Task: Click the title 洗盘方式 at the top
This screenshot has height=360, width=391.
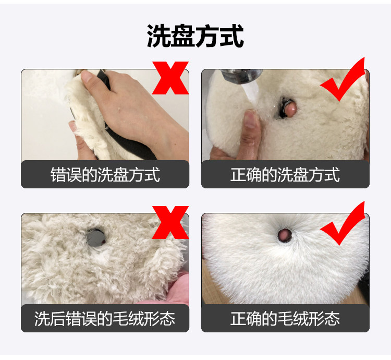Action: pyautogui.click(x=195, y=36)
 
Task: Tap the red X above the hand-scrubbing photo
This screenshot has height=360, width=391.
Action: pyautogui.click(x=170, y=78)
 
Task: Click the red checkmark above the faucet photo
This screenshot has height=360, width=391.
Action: pyautogui.click(x=343, y=79)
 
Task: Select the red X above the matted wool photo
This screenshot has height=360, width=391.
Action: pyautogui.click(x=170, y=222)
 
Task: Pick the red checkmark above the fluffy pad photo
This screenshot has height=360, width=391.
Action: pyautogui.click(x=343, y=223)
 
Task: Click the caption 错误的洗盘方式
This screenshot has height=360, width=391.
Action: pyautogui.click(x=105, y=174)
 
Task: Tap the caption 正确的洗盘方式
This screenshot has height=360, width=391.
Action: pyautogui.click(x=285, y=174)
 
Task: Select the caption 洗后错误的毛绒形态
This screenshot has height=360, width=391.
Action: pyautogui.click(x=105, y=319)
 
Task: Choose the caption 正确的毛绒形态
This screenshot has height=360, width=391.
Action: pyautogui.click(x=285, y=319)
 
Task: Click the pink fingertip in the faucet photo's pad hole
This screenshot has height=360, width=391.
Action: pyautogui.click(x=290, y=109)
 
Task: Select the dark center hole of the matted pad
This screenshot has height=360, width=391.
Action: pyautogui.click(x=96, y=237)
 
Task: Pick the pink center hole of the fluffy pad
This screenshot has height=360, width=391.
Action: pyautogui.click(x=285, y=235)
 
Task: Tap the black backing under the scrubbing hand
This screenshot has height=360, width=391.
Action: pyautogui.click(x=136, y=145)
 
